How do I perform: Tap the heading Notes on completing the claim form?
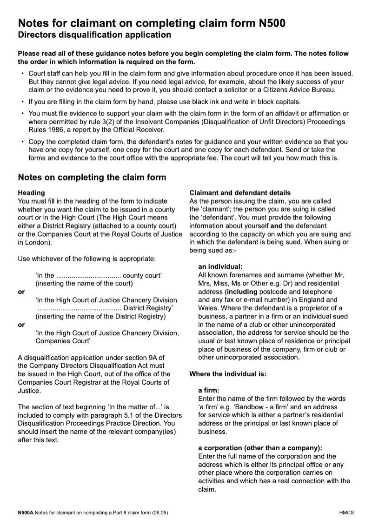tap(92, 177)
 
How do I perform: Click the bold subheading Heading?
tap(31, 193)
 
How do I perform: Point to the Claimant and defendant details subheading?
tap(240, 193)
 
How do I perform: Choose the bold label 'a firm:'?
tap(208, 391)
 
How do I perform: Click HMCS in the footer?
tap(347, 513)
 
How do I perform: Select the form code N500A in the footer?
tap(26, 513)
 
